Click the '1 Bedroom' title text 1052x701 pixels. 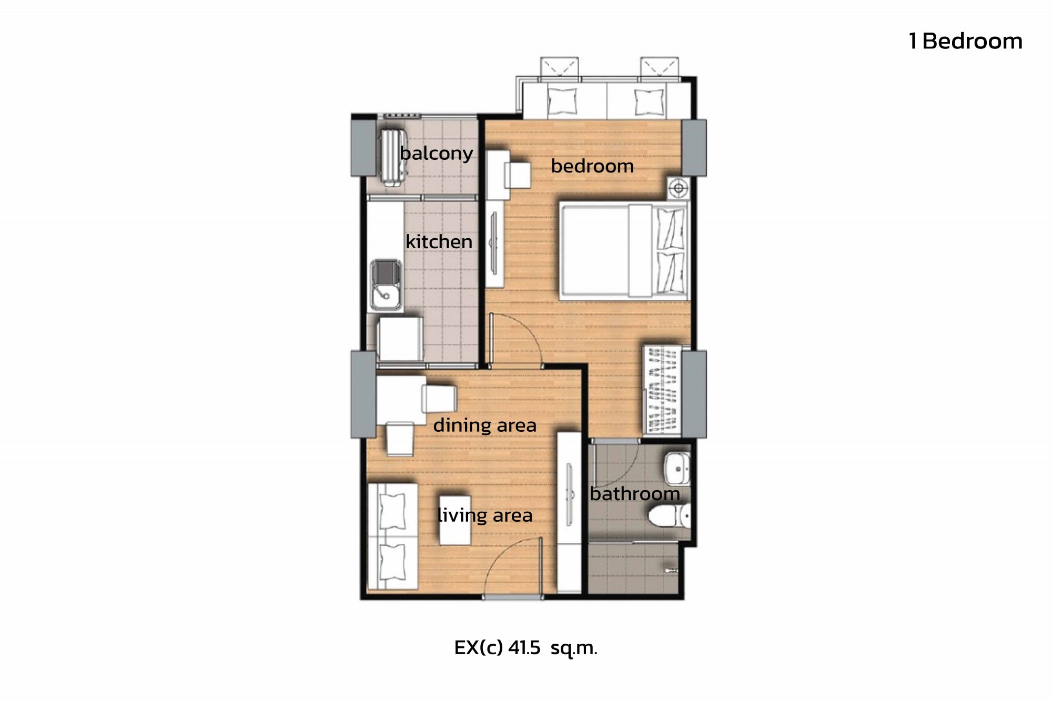pos(965,41)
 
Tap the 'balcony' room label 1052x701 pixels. pos(436,153)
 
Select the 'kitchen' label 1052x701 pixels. pos(439,241)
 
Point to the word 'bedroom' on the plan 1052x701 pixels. pos(592,166)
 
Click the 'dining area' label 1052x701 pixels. pos(484,425)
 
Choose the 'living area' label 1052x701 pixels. pos(485,515)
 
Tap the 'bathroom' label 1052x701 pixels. pos(635,494)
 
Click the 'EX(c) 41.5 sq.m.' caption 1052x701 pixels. pos(526,648)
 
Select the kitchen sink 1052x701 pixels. pos(386,285)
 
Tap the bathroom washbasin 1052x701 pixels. pos(677,468)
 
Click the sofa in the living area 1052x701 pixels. pos(393,536)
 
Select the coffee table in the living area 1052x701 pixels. pos(455,521)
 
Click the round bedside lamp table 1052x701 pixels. pos(679,188)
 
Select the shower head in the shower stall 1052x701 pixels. pos(671,570)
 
